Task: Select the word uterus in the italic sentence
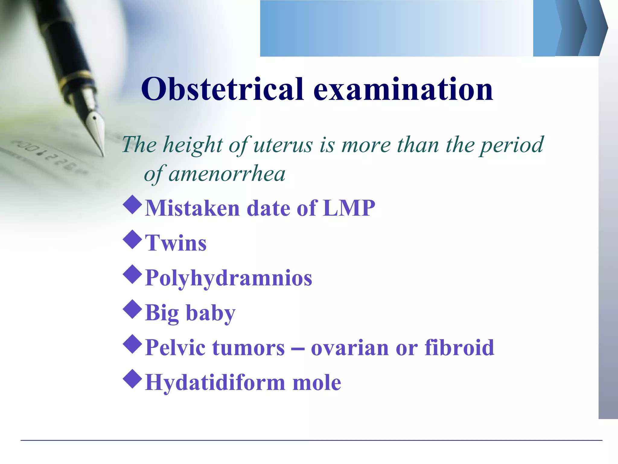coord(283,145)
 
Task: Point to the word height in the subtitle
coord(193,145)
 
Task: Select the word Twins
coord(176,243)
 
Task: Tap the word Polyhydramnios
coord(228,278)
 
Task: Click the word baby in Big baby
coord(210,313)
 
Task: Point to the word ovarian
coord(349,348)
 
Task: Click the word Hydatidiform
coord(215,382)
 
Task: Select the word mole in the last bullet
coord(317,382)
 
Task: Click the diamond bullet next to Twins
coord(132,240)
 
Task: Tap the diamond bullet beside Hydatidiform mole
coord(132,379)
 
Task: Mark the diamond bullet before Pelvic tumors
coord(132,344)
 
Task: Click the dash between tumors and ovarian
coord(298,348)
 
